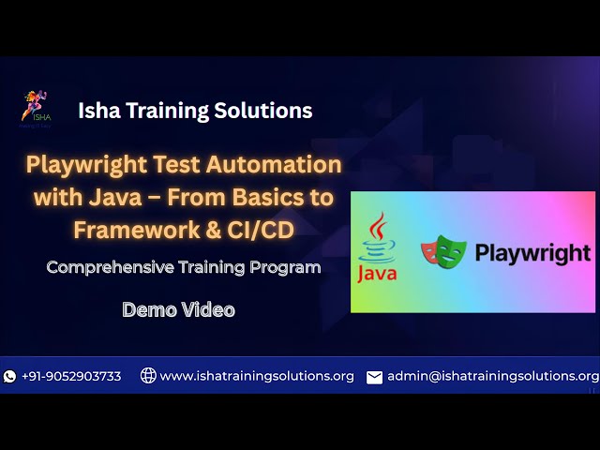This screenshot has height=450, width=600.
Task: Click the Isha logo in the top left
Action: point(37,107)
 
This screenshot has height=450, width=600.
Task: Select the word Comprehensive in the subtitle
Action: point(111,267)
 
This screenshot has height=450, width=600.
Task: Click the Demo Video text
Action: point(178,309)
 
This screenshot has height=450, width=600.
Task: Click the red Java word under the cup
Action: point(378,274)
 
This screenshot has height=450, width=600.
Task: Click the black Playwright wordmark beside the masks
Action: point(532,253)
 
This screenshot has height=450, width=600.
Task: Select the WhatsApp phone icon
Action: point(10,376)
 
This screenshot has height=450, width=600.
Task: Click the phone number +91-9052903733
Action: point(71,376)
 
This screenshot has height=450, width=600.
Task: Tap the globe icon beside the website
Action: point(148,376)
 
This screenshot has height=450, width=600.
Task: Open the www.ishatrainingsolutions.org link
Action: point(257,376)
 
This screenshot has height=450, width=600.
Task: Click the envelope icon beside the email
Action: point(374,377)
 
